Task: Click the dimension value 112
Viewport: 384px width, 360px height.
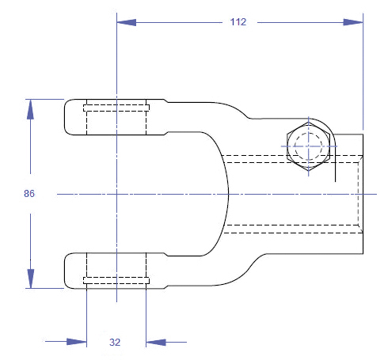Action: tap(238, 22)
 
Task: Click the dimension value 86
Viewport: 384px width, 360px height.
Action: tap(29, 194)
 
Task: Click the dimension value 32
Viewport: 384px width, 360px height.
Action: tap(115, 343)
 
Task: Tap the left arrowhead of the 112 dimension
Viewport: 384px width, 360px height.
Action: tap(127, 22)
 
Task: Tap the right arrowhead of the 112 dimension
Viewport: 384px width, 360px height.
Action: tap(353, 22)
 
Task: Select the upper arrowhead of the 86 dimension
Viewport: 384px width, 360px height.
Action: tap(30, 109)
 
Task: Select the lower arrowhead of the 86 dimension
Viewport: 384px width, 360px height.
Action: tap(31, 279)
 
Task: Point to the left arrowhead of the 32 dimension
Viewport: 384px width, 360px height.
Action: tap(77, 342)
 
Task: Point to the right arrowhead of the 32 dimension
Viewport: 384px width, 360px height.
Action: tap(156, 343)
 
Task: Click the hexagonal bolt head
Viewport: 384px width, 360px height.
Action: tap(308, 146)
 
